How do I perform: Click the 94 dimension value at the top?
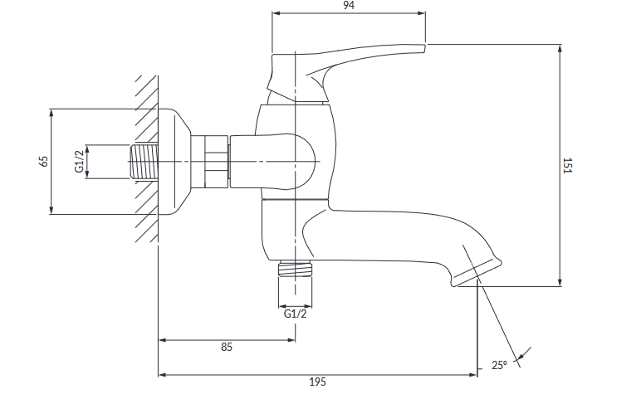[349, 6]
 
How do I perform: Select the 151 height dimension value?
[568, 166]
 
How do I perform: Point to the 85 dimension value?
[226, 348]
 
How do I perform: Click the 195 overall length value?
[317, 382]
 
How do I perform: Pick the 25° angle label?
[498, 365]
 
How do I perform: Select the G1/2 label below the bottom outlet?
[296, 314]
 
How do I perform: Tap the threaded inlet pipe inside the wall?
[145, 161]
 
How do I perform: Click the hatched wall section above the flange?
[147, 91]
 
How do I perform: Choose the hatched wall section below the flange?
[147, 224]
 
